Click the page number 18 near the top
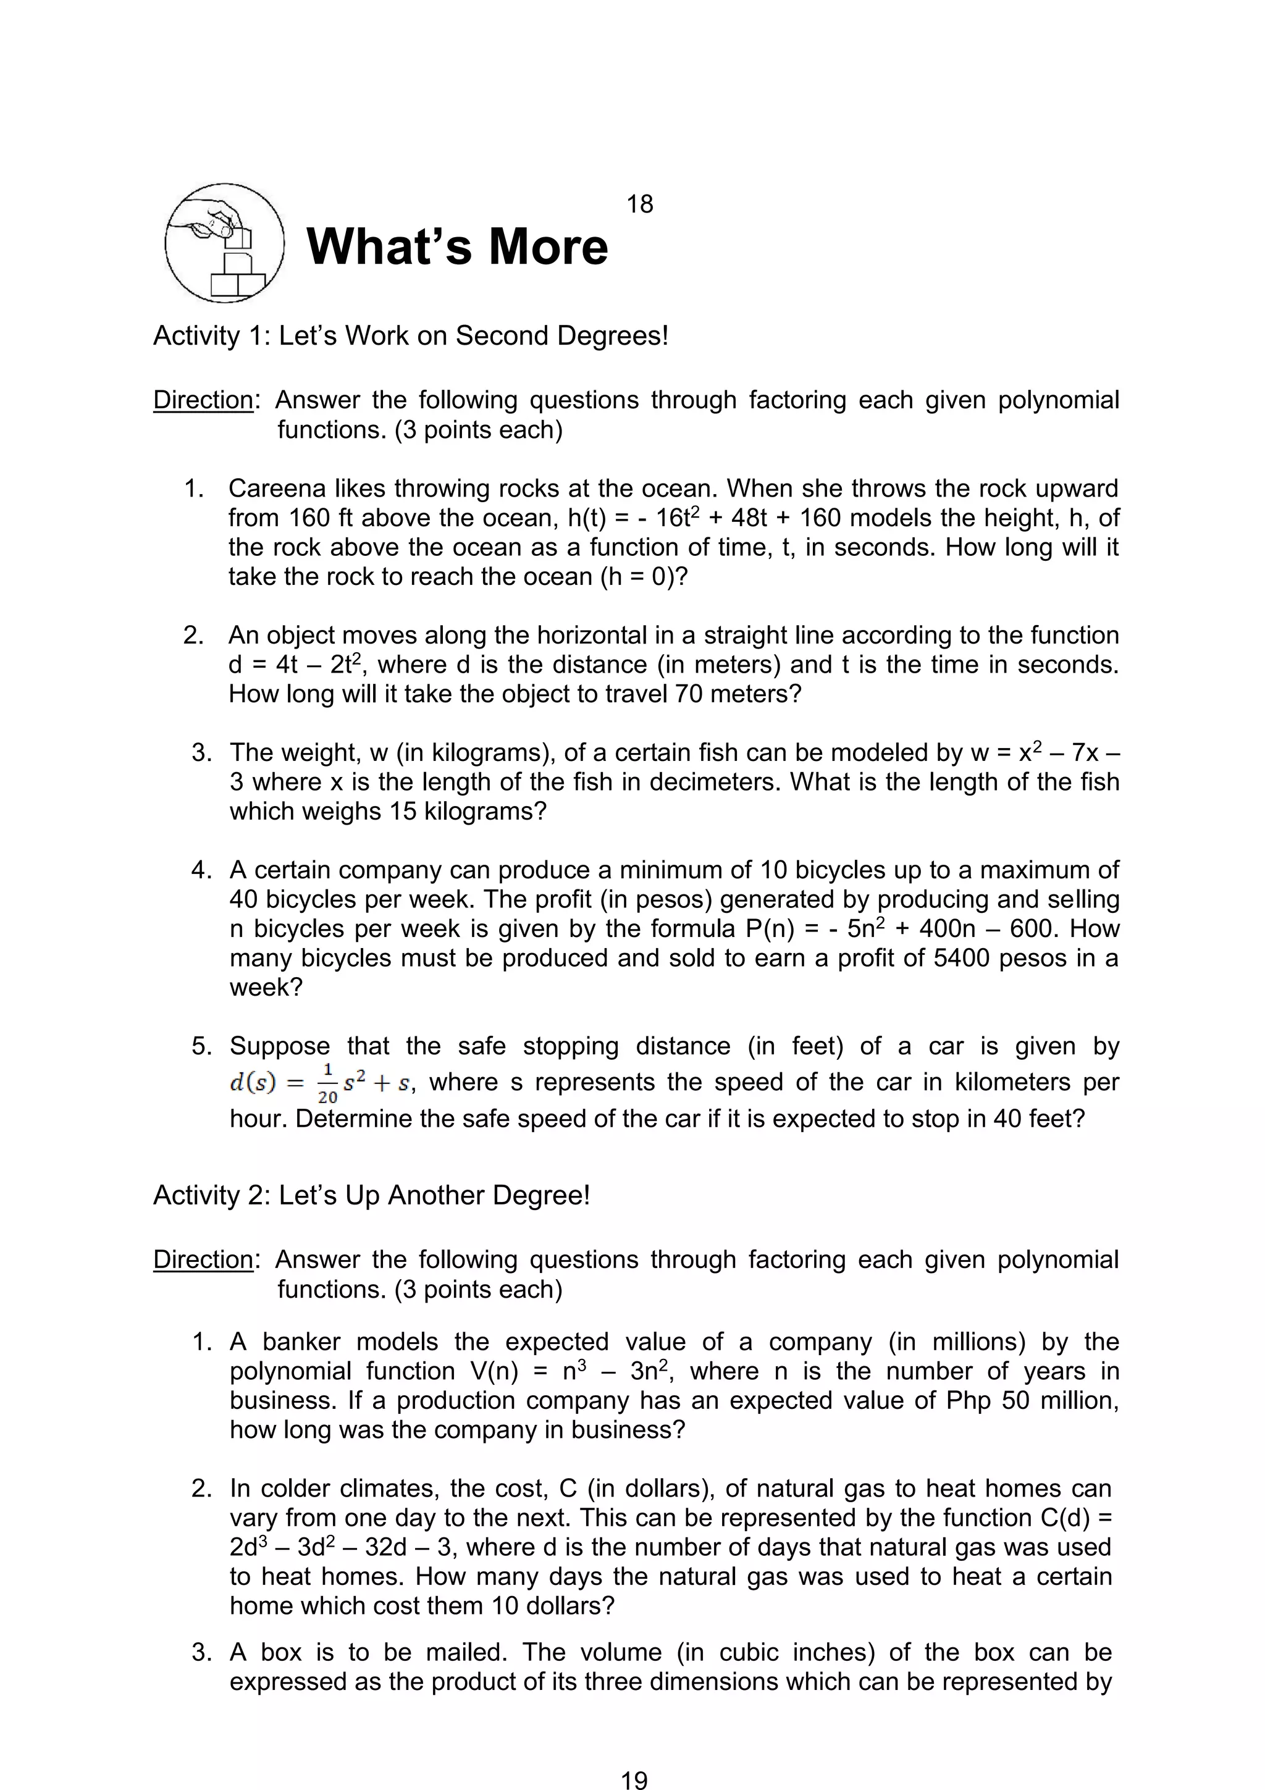click(x=639, y=204)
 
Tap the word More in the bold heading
click(x=548, y=246)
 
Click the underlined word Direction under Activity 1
click(x=203, y=400)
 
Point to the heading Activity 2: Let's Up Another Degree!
click(x=371, y=1195)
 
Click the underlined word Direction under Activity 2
click(x=203, y=1260)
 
